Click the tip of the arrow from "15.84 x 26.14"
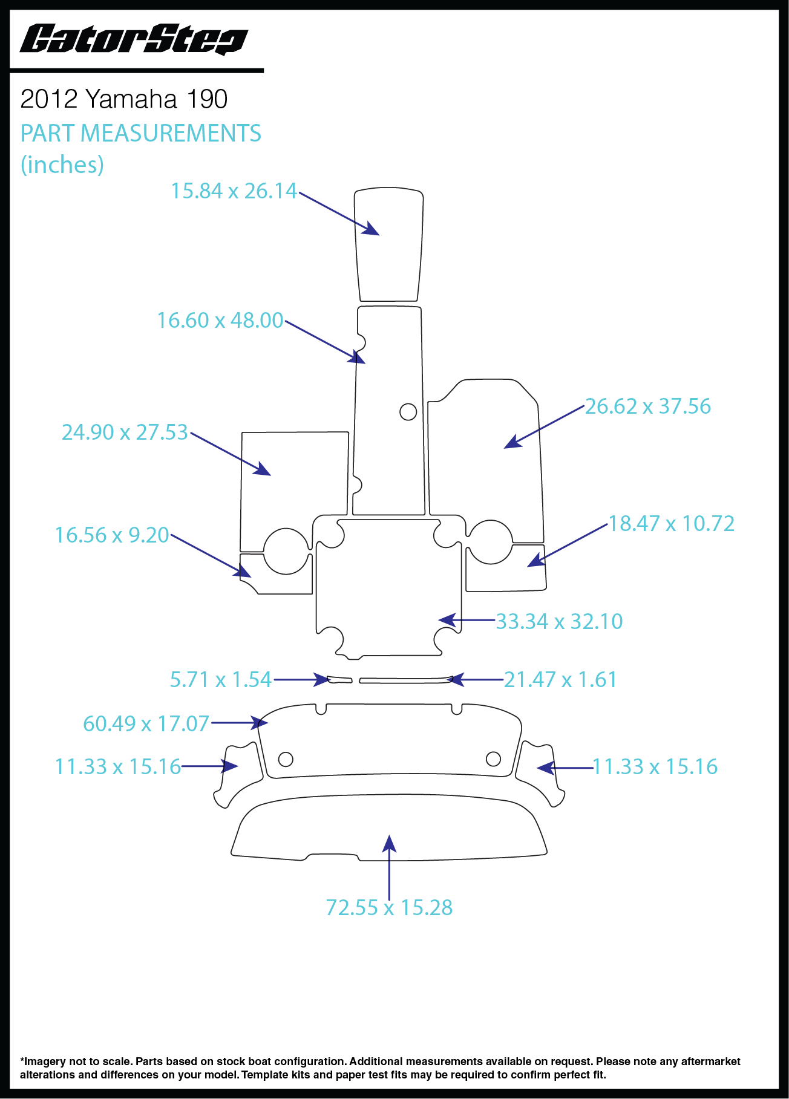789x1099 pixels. pos(379,235)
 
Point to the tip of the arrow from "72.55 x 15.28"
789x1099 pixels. pos(390,835)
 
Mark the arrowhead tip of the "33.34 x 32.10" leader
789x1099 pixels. pos(439,620)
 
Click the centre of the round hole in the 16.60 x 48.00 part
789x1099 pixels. pos(408,412)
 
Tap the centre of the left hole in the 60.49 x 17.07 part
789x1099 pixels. pos(286,758)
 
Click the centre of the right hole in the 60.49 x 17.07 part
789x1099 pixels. pos(494,758)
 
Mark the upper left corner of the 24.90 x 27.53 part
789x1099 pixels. pos(242,432)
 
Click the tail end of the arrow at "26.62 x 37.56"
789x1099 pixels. pos(585,406)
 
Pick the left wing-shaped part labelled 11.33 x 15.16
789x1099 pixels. pos(238,775)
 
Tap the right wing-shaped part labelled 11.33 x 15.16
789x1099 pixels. pos(540,774)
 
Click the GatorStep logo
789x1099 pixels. pos(134,40)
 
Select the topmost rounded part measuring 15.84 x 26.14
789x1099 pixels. pos(389,244)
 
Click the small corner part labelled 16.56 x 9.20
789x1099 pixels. pos(276,574)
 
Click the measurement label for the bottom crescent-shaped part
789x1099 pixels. pos(389,907)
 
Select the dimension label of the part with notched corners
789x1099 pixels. pos(559,621)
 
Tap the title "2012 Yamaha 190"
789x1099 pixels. pos(124,99)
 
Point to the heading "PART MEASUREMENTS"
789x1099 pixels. pos(141,133)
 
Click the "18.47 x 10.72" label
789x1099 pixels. pos(672,523)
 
